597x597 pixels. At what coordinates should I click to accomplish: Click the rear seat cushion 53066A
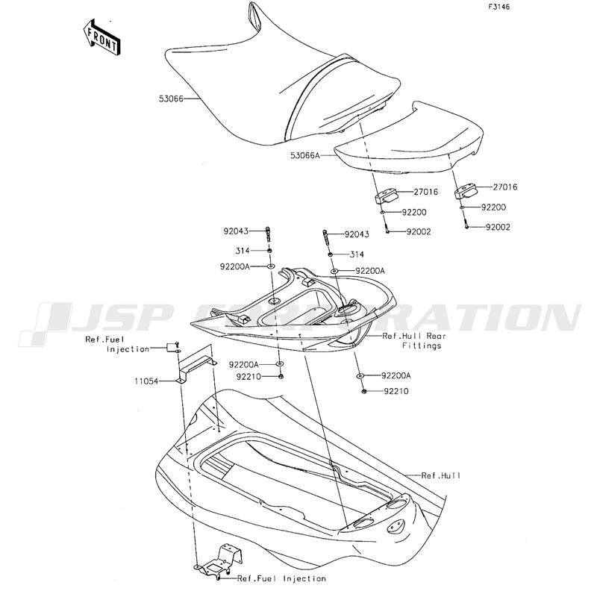[x=407, y=142]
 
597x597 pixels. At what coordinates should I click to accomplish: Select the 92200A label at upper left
[x=236, y=266]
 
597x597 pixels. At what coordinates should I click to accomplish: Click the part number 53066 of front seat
[x=171, y=98]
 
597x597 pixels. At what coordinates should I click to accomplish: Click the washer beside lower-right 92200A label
[x=360, y=375]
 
